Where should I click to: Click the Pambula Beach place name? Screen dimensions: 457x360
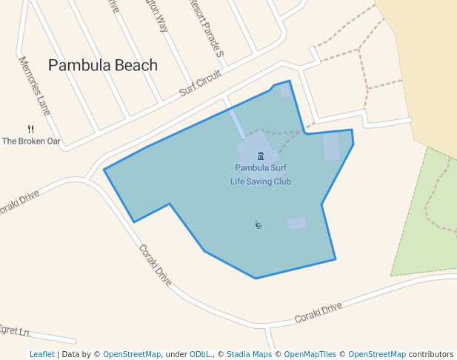click(x=103, y=65)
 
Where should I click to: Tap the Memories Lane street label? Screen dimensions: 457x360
click(x=34, y=86)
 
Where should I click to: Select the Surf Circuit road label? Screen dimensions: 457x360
click(x=201, y=84)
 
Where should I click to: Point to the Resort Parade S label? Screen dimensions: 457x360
click(x=207, y=27)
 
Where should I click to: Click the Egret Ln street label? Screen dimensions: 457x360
click(x=15, y=330)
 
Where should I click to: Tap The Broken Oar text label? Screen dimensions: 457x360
click(x=31, y=141)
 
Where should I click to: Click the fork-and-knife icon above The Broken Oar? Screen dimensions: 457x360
click(x=30, y=129)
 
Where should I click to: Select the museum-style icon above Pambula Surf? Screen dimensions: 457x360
click(x=261, y=156)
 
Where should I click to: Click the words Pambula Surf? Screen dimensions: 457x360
click(x=261, y=168)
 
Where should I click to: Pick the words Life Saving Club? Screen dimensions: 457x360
click(x=261, y=181)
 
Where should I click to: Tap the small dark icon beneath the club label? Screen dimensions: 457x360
click(x=258, y=224)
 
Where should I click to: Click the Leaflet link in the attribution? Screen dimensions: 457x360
click(x=41, y=355)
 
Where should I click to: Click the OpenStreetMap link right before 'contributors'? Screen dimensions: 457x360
click(x=377, y=355)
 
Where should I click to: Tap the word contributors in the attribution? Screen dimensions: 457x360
click(x=431, y=355)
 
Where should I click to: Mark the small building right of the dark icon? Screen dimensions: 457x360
click(x=297, y=223)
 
